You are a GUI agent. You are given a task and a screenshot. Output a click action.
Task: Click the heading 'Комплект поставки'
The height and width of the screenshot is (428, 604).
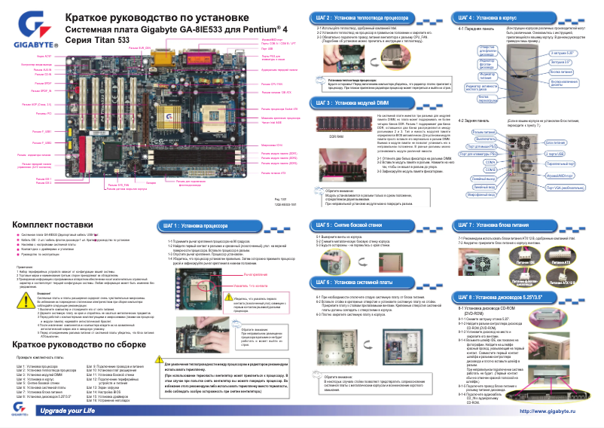(53, 225)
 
